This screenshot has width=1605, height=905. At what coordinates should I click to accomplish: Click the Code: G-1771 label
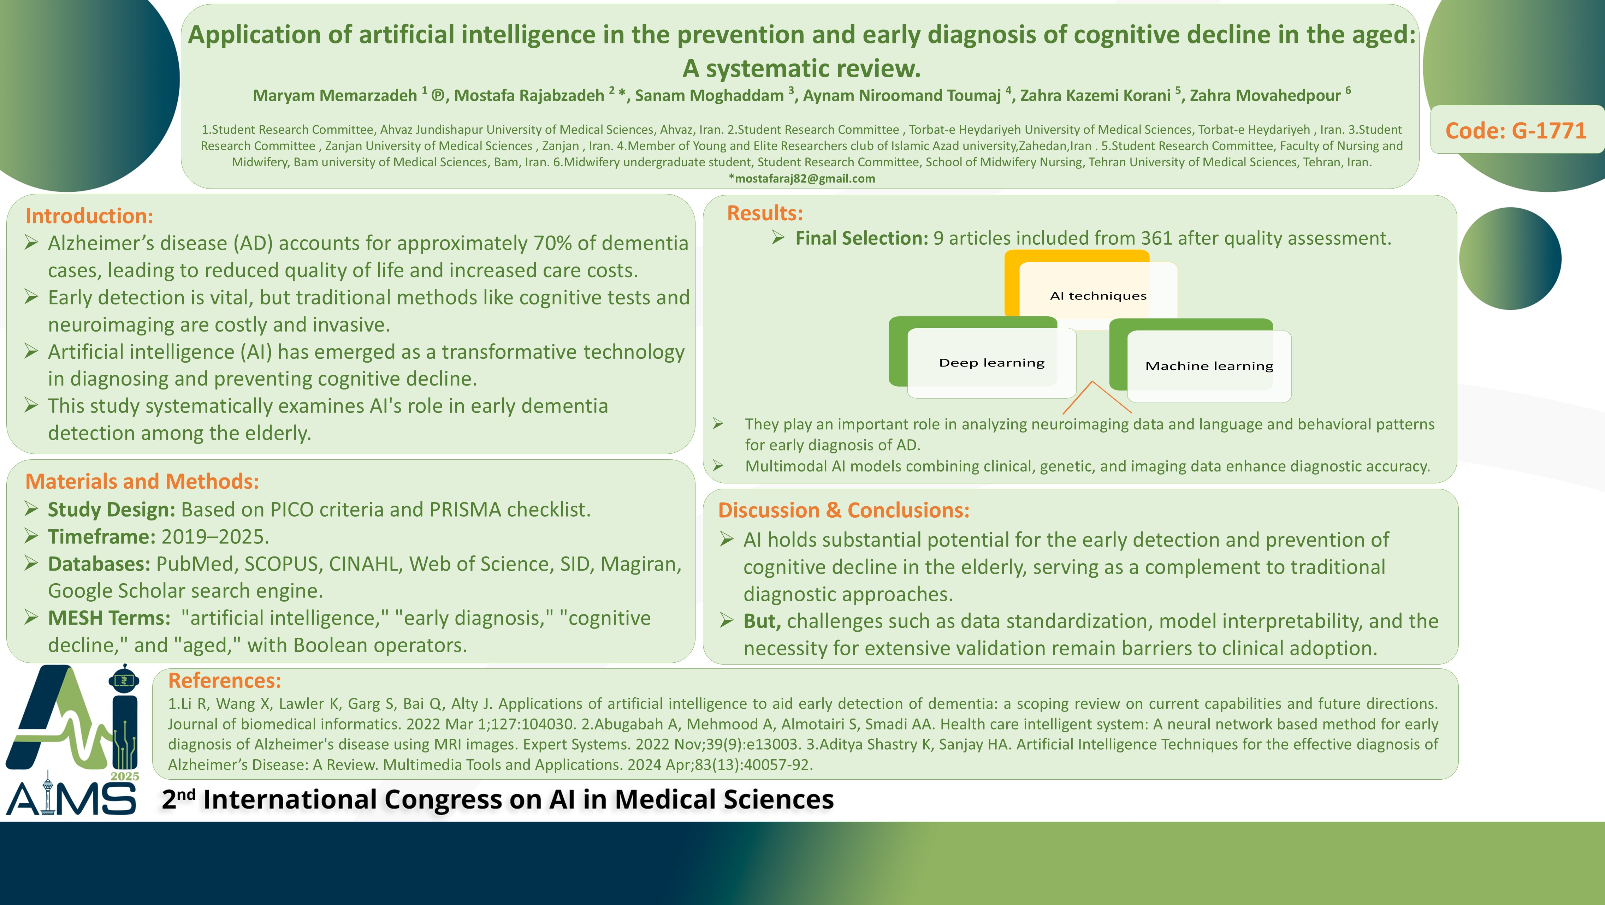[x=1515, y=130]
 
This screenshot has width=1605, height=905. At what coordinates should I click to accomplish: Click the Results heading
[x=765, y=213]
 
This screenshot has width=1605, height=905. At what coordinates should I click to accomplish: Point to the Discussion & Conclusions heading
[x=843, y=510]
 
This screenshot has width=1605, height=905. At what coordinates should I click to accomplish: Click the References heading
[x=224, y=680]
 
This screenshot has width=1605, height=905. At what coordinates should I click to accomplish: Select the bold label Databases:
[x=99, y=564]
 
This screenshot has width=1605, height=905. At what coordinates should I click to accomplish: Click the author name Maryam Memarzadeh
[x=334, y=95]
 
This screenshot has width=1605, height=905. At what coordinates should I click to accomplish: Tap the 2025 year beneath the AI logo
[x=125, y=776]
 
